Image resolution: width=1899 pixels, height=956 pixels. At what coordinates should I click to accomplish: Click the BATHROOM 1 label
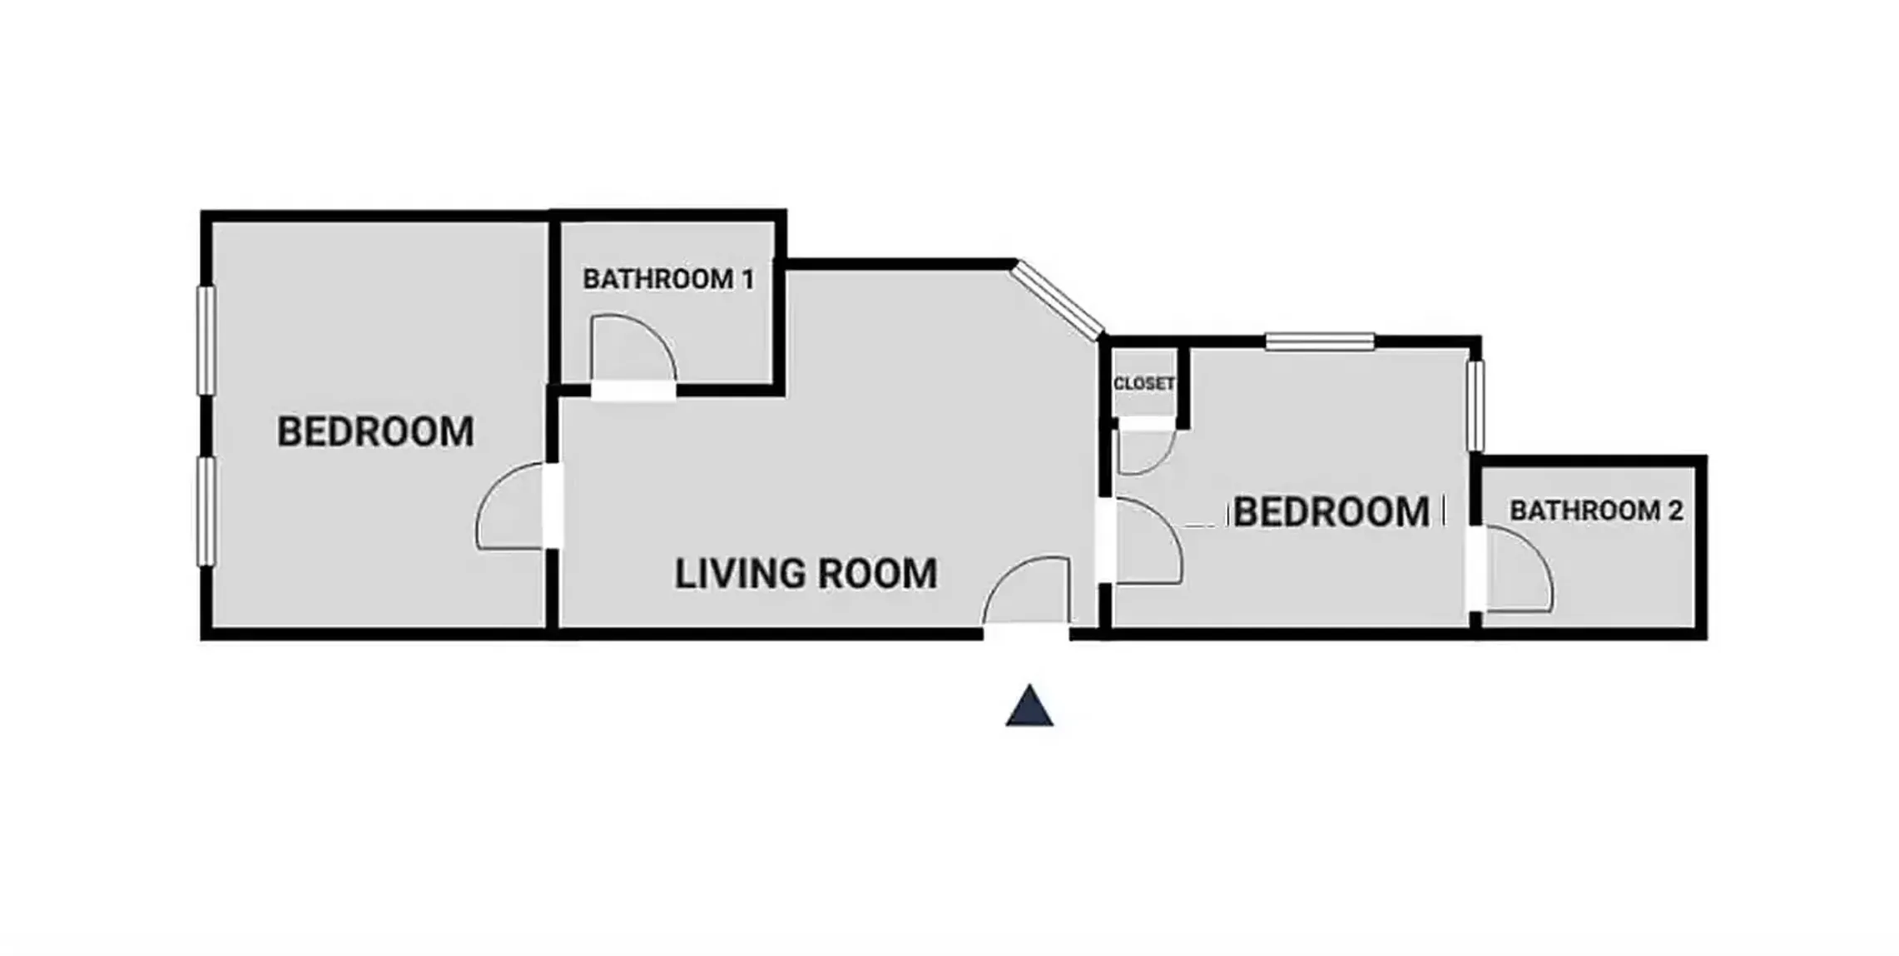668,279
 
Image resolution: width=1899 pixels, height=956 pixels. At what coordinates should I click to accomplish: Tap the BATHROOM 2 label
1596,510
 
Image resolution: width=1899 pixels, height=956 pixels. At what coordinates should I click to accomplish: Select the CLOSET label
1144,384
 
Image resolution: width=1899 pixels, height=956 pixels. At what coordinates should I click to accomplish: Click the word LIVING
739,574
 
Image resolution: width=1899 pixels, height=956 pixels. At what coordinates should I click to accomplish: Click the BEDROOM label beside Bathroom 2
1331,511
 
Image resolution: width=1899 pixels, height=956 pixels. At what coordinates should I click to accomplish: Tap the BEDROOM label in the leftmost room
375,431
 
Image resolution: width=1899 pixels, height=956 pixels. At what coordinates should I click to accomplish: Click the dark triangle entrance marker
1029,706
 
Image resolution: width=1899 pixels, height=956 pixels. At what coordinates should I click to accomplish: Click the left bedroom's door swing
511,506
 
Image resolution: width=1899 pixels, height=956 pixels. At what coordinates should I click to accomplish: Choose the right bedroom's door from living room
1147,541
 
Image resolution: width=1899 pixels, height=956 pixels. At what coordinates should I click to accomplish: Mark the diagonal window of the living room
1059,300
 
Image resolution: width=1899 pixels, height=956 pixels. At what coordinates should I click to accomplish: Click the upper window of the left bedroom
206,340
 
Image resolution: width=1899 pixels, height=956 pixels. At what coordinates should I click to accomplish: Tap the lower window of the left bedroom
206,511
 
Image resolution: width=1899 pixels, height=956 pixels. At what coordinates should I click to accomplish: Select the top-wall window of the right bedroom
1319,341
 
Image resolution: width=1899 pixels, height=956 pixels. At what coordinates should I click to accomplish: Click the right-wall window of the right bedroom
1475,406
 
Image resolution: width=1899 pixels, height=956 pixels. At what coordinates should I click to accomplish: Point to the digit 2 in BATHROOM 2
1674,510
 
